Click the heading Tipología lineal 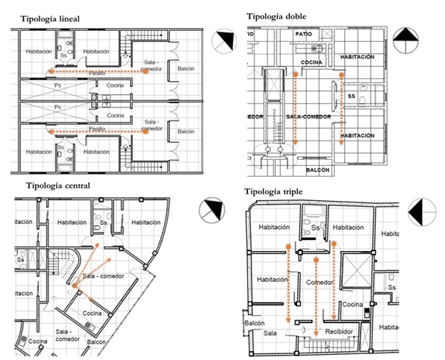coord(51,18)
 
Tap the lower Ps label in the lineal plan coord(58,107)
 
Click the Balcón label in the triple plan coord(254,323)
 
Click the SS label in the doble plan coord(352,96)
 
